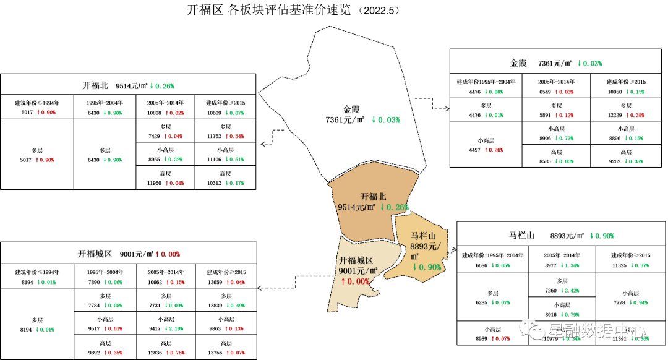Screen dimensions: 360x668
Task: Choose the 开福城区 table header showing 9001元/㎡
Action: click(x=129, y=254)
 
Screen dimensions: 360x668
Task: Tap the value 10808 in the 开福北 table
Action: click(x=155, y=113)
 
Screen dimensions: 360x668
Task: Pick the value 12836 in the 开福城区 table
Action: click(x=155, y=353)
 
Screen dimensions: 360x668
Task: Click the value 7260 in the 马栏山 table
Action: click(x=548, y=291)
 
